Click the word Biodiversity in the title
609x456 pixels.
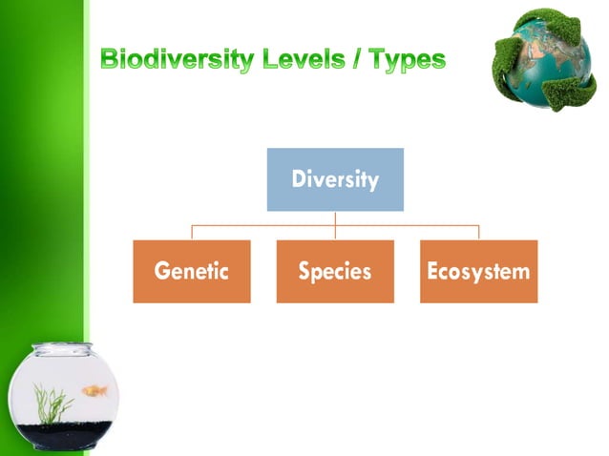pyautogui.click(x=177, y=61)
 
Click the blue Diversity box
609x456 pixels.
pyautogui.click(x=335, y=179)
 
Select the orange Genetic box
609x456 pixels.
pyautogui.click(x=192, y=271)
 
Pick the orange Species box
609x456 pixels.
pyautogui.click(x=335, y=271)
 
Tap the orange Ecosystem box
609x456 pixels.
pyautogui.click(x=478, y=271)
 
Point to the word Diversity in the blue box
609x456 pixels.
pyautogui.click(x=335, y=179)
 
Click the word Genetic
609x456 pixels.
pyautogui.click(x=192, y=271)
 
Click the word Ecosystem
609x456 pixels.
pyautogui.click(x=478, y=271)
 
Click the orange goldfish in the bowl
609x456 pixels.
pyautogui.click(x=94, y=390)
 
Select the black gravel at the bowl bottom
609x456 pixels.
pyautogui.click(x=67, y=437)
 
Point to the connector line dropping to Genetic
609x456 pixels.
pyautogui.click(x=192, y=233)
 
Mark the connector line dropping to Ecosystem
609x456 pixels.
pyautogui.click(x=478, y=233)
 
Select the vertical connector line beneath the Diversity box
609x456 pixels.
pyautogui.click(x=335, y=218)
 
